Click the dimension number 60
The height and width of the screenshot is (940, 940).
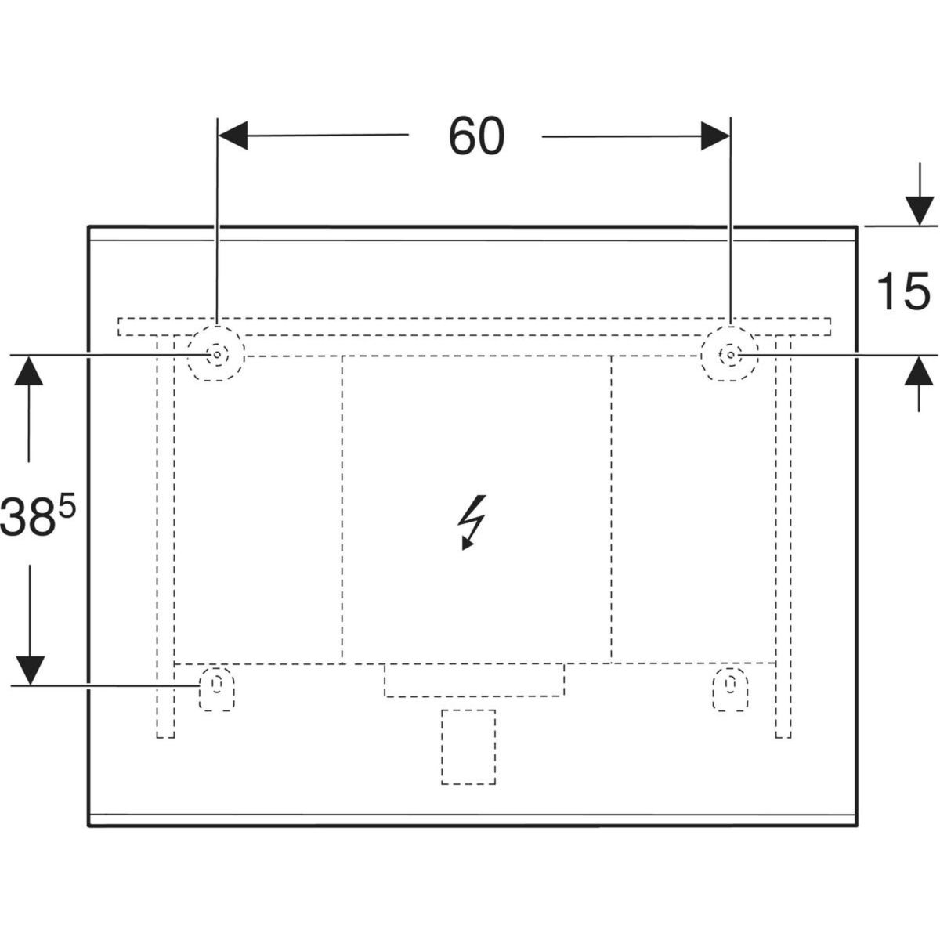click(x=476, y=136)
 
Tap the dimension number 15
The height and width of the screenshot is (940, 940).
click(x=903, y=291)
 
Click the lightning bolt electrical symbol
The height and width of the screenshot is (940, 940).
click(x=472, y=523)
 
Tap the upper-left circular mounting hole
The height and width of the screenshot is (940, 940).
click(x=216, y=353)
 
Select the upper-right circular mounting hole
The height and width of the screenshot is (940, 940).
click(x=730, y=353)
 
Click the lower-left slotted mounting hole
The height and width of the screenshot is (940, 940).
click(x=216, y=689)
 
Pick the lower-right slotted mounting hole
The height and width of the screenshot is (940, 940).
click(x=730, y=689)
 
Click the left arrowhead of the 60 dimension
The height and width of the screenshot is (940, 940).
click(x=233, y=135)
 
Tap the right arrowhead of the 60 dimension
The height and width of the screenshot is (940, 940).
click(x=715, y=136)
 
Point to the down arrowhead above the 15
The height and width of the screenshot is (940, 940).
click(x=919, y=211)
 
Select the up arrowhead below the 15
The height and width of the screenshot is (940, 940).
click(x=919, y=371)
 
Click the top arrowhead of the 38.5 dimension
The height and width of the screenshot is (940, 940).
click(x=29, y=371)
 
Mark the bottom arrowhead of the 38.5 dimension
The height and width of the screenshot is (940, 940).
click(x=31, y=671)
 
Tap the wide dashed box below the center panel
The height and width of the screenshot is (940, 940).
click(x=474, y=680)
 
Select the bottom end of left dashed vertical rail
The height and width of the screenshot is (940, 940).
click(x=165, y=738)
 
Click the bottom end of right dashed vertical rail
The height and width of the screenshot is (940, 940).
click(x=783, y=738)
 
